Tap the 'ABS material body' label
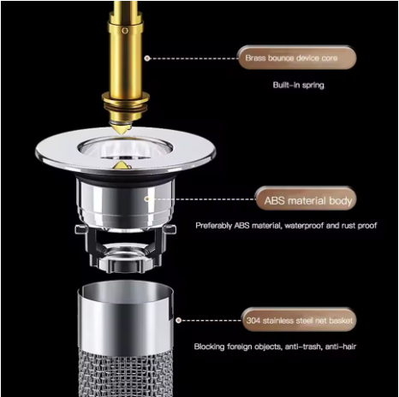coord(304,202)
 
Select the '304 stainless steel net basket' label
coord(299,320)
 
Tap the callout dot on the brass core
coord(147,58)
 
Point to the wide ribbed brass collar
coord(123,106)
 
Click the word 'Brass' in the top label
coord(256,58)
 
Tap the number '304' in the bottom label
coord(252,320)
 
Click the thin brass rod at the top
coord(123,17)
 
